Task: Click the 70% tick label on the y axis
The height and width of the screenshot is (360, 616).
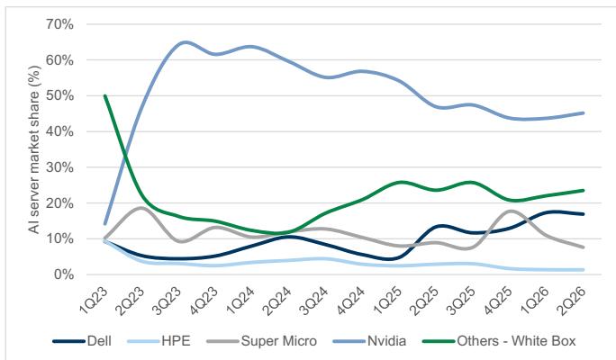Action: point(59,24)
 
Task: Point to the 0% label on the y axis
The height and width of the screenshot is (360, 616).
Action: point(63,274)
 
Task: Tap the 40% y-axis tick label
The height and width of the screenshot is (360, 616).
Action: point(59,131)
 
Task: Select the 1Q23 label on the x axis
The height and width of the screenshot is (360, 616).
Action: point(95,301)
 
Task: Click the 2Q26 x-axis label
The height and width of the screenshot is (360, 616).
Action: point(572,301)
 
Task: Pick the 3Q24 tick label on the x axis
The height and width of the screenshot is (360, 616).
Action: point(314,301)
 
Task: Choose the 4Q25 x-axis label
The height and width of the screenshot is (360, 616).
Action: point(499,301)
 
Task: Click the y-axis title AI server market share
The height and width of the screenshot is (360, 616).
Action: point(34,149)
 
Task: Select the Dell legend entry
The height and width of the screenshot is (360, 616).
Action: point(82,341)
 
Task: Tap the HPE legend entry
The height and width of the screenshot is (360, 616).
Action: point(159,341)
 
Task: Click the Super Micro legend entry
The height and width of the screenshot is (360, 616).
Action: point(262,341)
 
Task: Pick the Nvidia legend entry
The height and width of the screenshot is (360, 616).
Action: point(369,341)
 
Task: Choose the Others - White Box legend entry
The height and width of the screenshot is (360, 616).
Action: point(499,341)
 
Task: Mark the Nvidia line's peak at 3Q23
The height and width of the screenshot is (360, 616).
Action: point(185,42)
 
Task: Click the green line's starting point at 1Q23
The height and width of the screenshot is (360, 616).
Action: point(104,95)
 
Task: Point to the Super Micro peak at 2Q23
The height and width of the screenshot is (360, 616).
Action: point(140,207)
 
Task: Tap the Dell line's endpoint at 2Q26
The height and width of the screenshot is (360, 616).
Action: point(583,214)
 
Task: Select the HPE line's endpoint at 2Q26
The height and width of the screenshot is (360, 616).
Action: point(583,270)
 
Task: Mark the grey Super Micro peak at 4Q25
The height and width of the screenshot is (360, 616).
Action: point(511,211)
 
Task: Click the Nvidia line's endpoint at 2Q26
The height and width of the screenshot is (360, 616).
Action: point(583,113)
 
